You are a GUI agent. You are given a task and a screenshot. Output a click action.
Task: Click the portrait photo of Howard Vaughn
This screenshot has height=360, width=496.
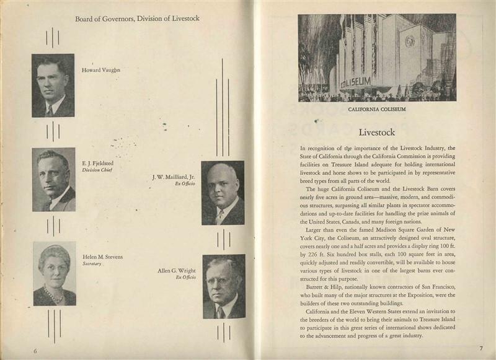point(53,86)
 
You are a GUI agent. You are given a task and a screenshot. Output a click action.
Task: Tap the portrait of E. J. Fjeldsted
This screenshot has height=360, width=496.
point(53,180)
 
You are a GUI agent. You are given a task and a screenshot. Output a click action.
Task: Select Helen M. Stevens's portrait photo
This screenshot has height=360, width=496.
point(55,273)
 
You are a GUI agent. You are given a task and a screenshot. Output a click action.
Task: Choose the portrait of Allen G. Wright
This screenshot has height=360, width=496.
point(224,286)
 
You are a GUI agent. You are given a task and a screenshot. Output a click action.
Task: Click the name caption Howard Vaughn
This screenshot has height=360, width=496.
point(101,70)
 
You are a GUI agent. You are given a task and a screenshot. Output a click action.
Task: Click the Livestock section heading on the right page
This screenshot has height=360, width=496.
point(377,133)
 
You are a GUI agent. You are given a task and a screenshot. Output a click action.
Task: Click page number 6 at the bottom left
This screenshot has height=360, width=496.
point(35,351)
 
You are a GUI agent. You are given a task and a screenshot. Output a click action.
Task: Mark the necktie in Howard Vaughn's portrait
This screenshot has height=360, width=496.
point(49,109)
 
